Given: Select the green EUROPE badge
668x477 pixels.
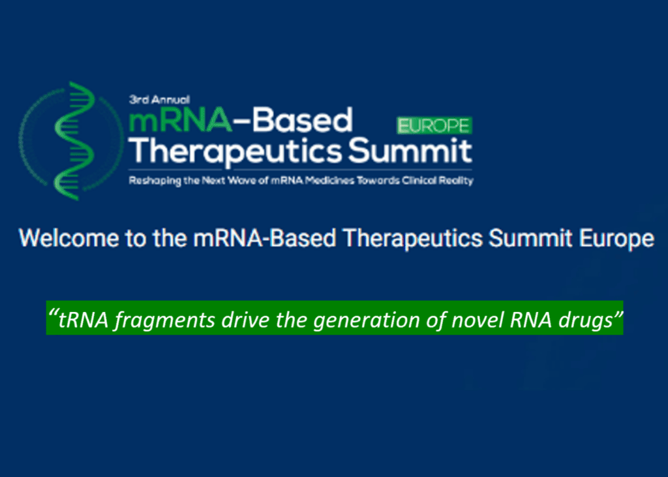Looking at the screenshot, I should click(x=434, y=125).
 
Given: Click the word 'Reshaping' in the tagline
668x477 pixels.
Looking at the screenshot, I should click(x=152, y=181).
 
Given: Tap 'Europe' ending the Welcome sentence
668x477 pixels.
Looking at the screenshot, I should click(x=616, y=238).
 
